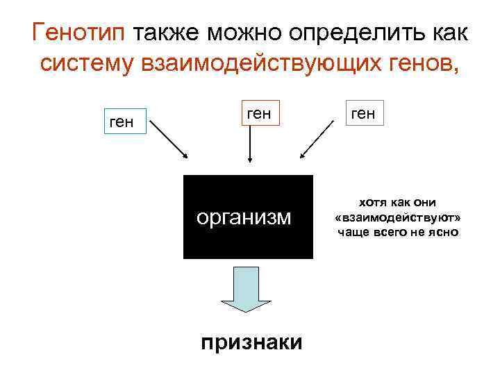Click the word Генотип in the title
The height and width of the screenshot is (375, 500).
click(78, 32)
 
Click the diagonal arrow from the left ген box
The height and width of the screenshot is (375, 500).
click(169, 140)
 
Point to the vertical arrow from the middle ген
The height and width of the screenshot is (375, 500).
click(250, 145)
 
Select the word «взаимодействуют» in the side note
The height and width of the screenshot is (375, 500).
click(398, 217)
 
